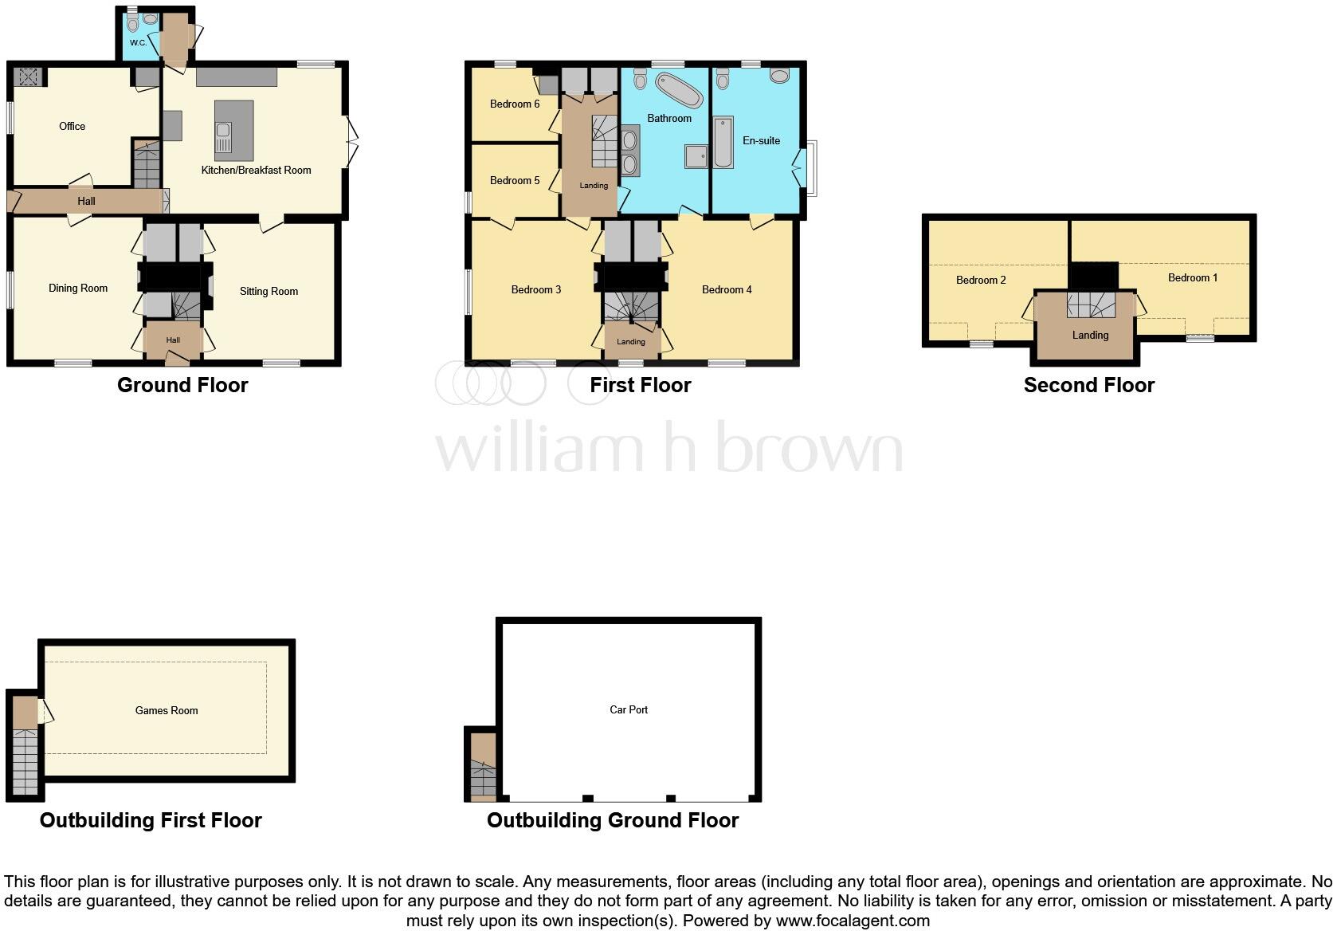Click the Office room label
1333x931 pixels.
(x=72, y=126)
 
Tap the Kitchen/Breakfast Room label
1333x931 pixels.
(x=256, y=170)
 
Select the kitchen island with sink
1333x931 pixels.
(x=233, y=131)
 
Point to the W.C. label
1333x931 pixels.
(x=138, y=42)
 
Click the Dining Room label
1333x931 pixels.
(x=78, y=288)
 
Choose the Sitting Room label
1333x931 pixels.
(x=269, y=291)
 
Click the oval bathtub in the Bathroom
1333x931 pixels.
(x=679, y=90)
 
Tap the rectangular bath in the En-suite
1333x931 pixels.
(x=723, y=143)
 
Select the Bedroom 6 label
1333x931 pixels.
(x=515, y=104)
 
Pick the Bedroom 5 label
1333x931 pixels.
(x=515, y=180)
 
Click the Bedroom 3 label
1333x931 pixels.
(x=536, y=289)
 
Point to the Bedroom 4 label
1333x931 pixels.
(x=727, y=289)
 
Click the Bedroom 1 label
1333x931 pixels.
(x=1193, y=277)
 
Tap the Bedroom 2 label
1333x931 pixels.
(x=981, y=280)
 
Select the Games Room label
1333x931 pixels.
(x=167, y=710)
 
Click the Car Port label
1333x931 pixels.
(x=629, y=709)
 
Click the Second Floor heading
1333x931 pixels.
(x=1088, y=386)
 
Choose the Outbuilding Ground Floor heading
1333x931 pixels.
(x=613, y=820)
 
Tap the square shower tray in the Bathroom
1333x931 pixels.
(x=696, y=156)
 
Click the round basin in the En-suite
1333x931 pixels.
(x=780, y=76)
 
